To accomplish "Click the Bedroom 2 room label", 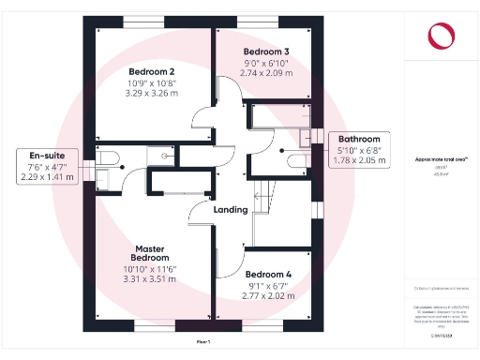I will tap(151, 71).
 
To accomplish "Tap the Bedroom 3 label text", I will tap(266, 51).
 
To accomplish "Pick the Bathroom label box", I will tap(352, 150).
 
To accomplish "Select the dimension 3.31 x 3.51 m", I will tap(150, 279).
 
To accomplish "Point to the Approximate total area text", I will tap(441, 160).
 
